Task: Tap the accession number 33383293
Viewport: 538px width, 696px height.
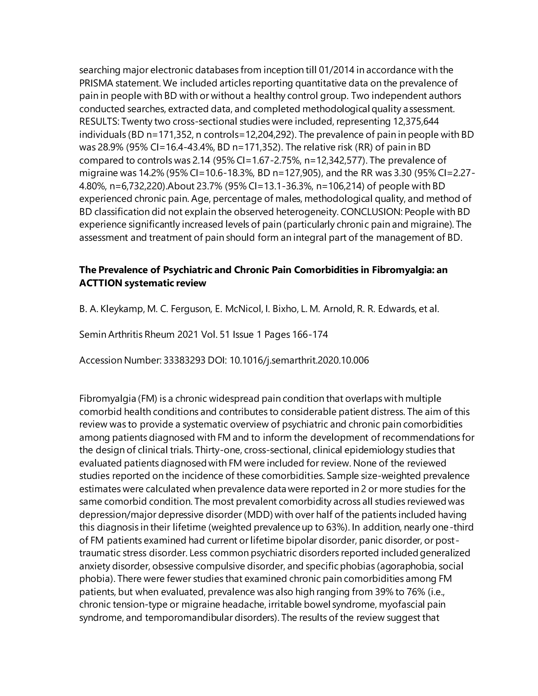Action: (184, 360)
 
